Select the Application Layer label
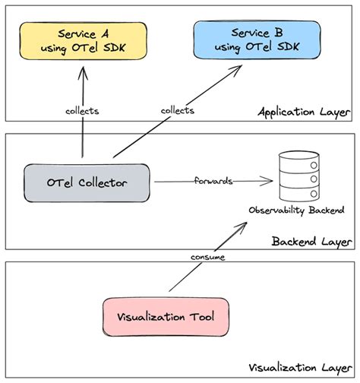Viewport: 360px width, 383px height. [303, 112]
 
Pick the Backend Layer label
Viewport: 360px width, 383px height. [311, 242]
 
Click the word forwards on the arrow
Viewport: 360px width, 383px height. [213, 182]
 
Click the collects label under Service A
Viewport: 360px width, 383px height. [83, 111]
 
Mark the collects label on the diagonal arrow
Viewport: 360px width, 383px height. [178, 111]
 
